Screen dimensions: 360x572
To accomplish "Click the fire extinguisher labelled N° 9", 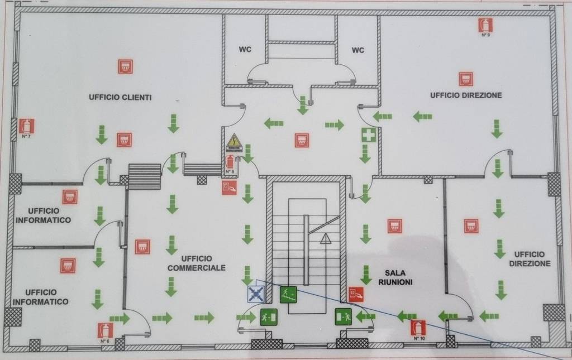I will tap(485, 25).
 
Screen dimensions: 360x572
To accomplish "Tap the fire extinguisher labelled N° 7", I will tap(26, 126).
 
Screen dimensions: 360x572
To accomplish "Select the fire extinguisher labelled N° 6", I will tap(104, 330).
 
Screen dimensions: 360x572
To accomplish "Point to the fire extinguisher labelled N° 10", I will tap(418, 328).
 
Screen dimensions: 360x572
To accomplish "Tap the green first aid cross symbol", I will tap(368, 135).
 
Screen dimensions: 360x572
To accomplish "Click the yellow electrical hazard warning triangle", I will tap(234, 142).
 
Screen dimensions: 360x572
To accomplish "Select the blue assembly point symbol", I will tap(256, 294).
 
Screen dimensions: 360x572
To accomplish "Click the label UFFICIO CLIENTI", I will tap(120, 97).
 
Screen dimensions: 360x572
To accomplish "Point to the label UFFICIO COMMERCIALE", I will tap(196, 263).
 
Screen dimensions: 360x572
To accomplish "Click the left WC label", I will tap(245, 50).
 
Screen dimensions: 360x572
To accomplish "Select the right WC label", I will tap(358, 50).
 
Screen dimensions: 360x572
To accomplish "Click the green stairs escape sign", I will tap(288, 294).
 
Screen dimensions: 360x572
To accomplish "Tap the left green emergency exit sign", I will tap(269, 316).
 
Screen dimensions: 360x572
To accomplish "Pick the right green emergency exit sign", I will tap(342, 316).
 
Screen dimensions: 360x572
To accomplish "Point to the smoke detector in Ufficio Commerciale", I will tap(142, 246).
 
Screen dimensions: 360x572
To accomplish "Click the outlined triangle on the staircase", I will tap(325, 239).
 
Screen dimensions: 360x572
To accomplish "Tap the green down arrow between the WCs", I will tap(303, 104).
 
